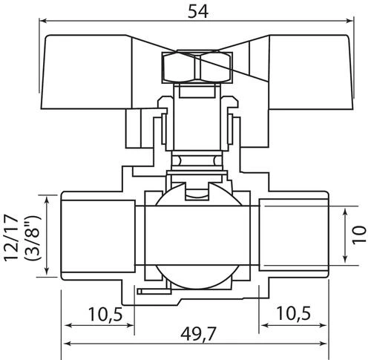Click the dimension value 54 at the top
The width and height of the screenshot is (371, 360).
(198, 12)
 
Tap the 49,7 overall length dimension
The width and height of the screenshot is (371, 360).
(198, 334)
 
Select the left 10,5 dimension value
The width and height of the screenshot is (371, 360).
(105, 315)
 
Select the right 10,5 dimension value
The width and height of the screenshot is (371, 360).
(293, 313)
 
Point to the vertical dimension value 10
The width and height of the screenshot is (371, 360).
(359, 235)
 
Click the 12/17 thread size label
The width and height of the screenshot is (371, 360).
(11, 238)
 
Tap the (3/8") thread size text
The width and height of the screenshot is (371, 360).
(33, 238)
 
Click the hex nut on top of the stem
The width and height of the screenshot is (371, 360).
(197, 67)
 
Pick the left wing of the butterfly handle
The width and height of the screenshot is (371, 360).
(87, 72)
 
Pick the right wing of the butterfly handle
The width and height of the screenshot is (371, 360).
(311, 72)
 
